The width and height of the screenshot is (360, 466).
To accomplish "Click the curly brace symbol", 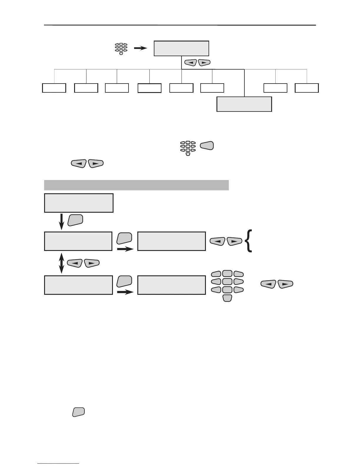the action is click(249, 241).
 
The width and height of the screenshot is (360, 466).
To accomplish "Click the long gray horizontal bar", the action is click(136, 185).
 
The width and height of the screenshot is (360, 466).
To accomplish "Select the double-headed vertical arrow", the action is click(61, 263).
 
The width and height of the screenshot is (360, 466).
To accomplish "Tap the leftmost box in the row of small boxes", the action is click(54, 88).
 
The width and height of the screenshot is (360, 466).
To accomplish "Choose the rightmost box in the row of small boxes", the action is click(307, 88).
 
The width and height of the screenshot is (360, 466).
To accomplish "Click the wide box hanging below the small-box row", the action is click(244, 104).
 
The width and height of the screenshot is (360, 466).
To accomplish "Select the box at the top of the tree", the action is click(181, 49).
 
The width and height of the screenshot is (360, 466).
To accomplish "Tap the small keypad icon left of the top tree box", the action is click(121, 49).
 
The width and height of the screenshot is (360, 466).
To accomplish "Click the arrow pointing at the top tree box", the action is click(140, 48).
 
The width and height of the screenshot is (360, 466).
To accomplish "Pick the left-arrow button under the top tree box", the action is click(190, 63).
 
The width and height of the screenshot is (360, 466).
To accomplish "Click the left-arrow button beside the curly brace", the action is click(218, 242).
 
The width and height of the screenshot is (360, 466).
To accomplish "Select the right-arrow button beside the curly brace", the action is click(234, 242).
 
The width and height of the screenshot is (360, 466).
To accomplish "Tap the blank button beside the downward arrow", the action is click(75, 220).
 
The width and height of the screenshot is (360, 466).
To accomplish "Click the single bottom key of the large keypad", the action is click(227, 298).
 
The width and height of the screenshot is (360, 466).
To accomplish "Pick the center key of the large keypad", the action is click(227, 282).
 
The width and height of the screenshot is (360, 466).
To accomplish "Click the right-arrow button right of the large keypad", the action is click(285, 284).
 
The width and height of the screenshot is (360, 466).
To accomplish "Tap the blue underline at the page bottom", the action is click(58, 464).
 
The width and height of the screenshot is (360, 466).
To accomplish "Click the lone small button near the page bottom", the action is click(78, 412).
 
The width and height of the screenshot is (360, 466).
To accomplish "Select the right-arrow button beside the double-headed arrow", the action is click(91, 263).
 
